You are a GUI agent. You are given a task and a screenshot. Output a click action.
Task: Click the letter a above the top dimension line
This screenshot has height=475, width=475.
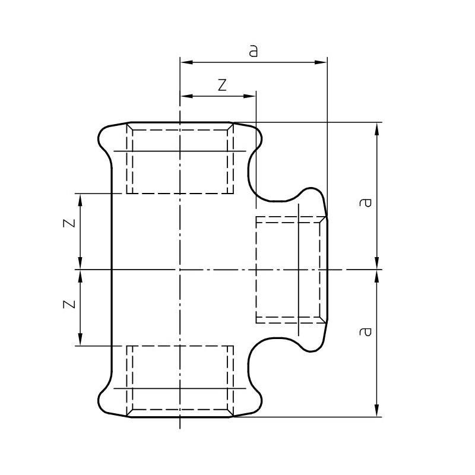click(x=253, y=51)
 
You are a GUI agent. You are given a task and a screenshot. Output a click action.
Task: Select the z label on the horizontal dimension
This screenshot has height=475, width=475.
click(x=222, y=85)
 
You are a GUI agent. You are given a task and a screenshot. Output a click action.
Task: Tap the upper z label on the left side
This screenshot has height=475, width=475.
click(x=69, y=223)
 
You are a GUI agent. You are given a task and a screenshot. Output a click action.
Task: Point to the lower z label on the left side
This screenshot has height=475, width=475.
click(x=69, y=304)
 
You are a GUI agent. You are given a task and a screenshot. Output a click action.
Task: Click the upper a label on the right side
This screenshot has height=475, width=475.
click(x=365, y=202)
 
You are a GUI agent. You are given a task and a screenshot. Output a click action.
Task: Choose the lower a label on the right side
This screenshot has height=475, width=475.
click(x=365, y=331)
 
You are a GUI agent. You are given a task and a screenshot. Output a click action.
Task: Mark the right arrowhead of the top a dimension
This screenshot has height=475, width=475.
click(x=321, y=62)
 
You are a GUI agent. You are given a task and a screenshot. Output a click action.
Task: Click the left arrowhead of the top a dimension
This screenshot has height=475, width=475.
click(x=186, y=62)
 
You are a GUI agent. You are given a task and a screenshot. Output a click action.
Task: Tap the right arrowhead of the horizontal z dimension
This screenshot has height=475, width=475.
click(x=250, y=96)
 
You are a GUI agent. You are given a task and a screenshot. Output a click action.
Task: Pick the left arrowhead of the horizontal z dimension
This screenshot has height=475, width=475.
click(x=186, y=96)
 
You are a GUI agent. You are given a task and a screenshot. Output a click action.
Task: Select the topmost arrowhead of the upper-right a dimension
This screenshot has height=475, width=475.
click(x=377, y=129)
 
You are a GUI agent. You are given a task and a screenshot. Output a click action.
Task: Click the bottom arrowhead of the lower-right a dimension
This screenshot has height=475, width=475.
click(x=377, y=410)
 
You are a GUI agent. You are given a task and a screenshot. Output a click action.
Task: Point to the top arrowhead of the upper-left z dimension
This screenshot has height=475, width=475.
click(x=80, y=200)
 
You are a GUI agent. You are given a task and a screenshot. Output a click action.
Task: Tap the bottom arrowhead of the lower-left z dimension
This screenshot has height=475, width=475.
click(x=80, y=339)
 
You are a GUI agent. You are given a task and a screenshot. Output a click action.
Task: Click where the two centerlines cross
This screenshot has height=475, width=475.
click(x=180, y=270)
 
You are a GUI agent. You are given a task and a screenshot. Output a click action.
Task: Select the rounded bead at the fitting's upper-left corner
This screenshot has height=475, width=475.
click(x=107, y=139)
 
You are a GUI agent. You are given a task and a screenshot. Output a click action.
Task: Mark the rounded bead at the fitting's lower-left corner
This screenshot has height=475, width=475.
click(x=107, y=400)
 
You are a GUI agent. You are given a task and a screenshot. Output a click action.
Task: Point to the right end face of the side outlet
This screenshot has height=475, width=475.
click(x=327, y=270)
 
